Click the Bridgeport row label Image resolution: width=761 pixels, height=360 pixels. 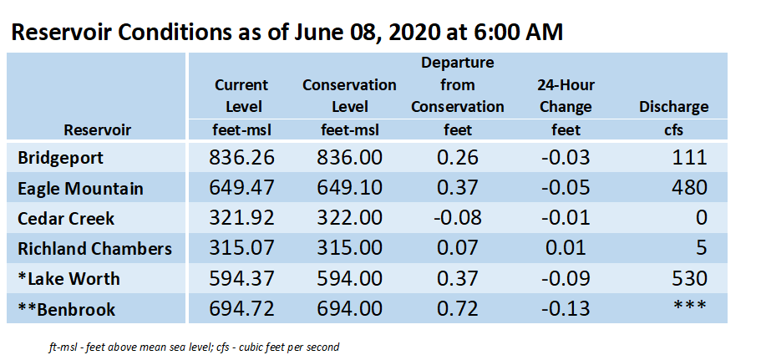click(x=61, y=158)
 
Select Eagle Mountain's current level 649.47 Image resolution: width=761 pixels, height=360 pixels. click(x=241, y=188)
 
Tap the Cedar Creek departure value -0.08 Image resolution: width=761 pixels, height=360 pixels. click(x=457, y=218)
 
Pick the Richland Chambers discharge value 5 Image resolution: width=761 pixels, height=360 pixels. click(x=700, y=248)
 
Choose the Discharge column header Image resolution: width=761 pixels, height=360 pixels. click(x=673, y=107)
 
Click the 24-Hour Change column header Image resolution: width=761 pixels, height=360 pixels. click(x=566, y=95)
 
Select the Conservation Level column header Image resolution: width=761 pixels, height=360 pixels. click(x=349, y=95)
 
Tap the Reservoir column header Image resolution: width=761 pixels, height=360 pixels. click(x=98, y=130)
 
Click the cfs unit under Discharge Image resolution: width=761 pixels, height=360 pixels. click(x=673, y=130)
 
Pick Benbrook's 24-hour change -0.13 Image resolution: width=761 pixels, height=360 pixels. click(x=566, y=308)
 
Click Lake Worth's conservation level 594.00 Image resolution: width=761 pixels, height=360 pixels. click(x=349, y=278)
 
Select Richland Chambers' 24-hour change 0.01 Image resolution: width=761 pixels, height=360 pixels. click(x=566, y=248)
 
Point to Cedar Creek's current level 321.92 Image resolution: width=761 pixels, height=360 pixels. click(x=241, y=218)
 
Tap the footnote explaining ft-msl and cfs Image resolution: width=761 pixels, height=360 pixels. click(x=194, y=347)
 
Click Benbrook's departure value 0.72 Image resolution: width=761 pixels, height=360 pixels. click(x=457, y=308)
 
